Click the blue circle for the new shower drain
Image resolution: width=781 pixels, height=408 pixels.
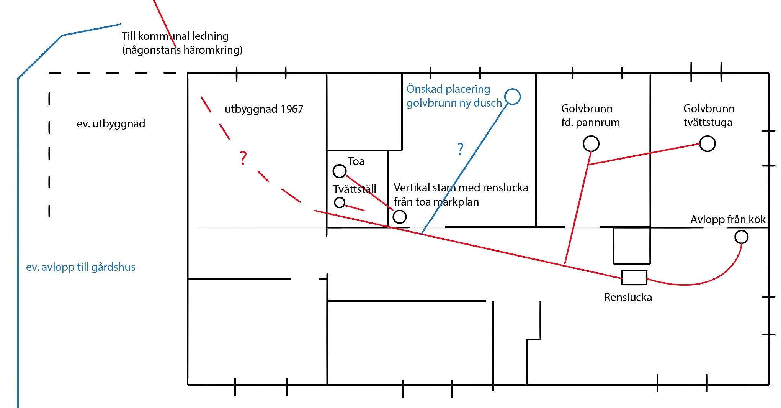pos(513,89)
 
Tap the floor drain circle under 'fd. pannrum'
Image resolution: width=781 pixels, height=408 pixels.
pos(591,137)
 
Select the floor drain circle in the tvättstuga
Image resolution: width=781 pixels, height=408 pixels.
pos(707,137)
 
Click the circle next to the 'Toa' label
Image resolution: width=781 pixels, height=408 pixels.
pos(340,165)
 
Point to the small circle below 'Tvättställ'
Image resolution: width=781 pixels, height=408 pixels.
pos(340,197)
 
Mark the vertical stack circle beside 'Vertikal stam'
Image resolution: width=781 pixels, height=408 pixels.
pos(400,210)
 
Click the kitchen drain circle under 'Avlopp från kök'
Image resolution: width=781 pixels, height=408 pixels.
pos(742,230)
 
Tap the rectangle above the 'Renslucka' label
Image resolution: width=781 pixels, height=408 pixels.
pos(634,271)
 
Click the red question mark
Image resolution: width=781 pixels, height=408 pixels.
pos(243,158)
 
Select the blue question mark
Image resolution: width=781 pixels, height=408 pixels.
pos(461,148)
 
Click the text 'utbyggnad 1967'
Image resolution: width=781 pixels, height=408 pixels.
pos(264,109)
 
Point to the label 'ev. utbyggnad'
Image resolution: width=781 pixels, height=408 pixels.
pos(111,123)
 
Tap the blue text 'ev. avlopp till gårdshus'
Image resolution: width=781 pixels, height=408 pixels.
pos(80,267)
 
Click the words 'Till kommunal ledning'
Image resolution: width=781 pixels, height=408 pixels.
pos(175,36)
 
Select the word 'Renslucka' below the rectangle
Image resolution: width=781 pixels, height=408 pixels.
pos(628,297)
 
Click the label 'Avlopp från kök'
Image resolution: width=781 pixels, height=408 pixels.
pos(728,219)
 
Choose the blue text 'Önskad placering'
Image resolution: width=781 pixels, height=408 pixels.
pos(448,89)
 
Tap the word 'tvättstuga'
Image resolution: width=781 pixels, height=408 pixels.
pos(707,122)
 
